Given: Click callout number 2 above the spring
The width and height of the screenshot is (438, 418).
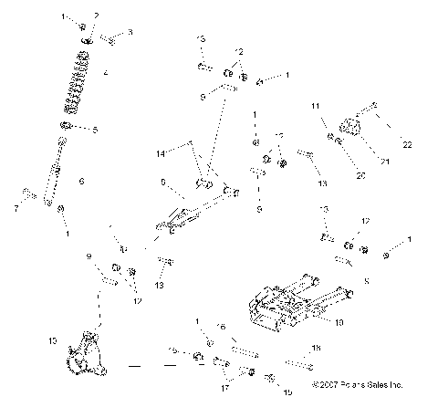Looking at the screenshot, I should [96, 16].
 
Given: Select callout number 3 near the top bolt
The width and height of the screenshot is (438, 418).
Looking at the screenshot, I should [130, 33].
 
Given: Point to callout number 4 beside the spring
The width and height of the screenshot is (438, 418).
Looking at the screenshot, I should [107, 72].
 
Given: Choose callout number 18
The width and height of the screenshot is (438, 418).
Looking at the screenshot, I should [316, 349].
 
